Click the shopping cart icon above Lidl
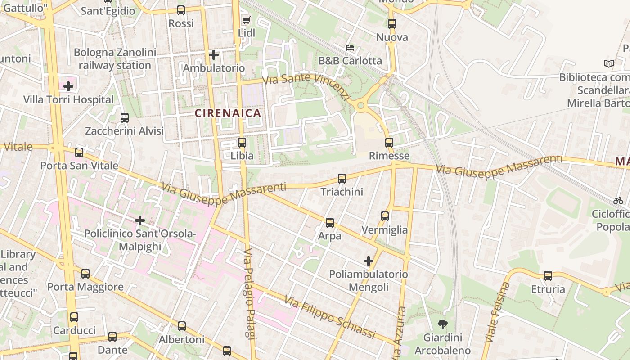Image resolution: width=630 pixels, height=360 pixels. [246, 20]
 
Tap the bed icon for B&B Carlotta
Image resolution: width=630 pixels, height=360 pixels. [350, 47]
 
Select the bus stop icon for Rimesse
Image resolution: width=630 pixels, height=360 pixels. [389, 143]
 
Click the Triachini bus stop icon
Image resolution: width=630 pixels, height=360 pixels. [342, 179]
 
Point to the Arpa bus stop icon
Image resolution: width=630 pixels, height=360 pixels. [330, 223]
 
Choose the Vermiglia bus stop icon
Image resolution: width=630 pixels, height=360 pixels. [385, 216]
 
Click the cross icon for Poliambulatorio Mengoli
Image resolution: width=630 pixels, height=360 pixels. [369, 261]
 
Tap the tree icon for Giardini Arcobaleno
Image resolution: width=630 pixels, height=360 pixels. [443, 324]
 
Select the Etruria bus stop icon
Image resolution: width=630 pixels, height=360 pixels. [548, 276]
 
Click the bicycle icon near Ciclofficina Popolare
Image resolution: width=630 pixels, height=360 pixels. [618, 201]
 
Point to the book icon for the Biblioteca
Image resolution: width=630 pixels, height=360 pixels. [609, 64]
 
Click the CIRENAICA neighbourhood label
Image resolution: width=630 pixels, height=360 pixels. [228, 113]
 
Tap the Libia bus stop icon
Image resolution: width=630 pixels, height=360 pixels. [242, 143]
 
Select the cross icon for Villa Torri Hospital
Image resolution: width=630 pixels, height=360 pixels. [68, 86]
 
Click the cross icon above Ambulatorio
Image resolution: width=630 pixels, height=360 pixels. [214, 55]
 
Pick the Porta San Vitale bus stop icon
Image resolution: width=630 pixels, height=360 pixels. [79, 153]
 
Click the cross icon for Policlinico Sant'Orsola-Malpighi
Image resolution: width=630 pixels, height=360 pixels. [140, 220]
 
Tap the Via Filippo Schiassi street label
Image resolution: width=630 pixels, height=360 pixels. [330, 317]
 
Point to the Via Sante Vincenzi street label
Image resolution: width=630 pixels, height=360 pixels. [306, 85]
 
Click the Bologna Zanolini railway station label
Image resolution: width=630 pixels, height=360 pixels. [115, 59]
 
